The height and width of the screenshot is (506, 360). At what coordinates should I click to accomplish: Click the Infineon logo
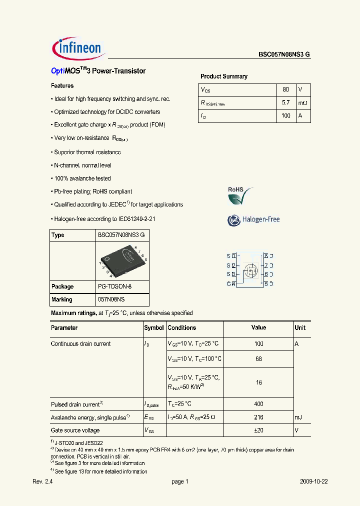pos(77,48)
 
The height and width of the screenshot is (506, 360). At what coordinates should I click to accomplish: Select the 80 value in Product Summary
pos(285,89)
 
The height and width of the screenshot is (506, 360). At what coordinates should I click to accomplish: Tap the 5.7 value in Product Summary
pos(285,102)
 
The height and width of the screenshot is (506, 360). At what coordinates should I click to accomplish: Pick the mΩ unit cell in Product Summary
pos(303,102)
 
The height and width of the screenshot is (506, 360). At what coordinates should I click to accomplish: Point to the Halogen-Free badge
pos(253,219)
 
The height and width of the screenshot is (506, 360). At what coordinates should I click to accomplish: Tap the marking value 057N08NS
pos(111,299)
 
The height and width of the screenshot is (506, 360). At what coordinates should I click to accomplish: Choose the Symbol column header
pos(154,328)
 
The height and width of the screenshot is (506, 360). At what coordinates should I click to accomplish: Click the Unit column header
pos(300,328)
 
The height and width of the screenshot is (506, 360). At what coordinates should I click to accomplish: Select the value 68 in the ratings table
pos(258,359)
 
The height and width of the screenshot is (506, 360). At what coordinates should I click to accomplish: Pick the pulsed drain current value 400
pos(258,404)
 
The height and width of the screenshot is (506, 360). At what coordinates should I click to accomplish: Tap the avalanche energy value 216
pos(258,417)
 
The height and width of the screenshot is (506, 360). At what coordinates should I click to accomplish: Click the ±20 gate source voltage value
pos(258,430)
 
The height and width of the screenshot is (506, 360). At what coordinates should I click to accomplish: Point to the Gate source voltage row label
pos(75,430)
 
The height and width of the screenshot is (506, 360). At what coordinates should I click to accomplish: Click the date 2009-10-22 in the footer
pos(313,481)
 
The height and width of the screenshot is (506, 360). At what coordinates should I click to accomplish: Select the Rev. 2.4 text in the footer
pos(42,481)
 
